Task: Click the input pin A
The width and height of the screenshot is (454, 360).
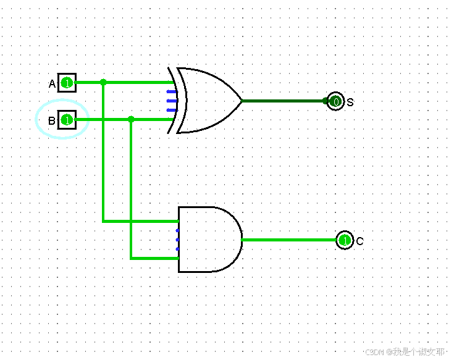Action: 67,82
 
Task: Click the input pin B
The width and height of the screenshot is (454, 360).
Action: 67,120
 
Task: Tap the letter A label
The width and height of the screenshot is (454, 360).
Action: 52,83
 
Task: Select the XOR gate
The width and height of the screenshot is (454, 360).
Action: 207,100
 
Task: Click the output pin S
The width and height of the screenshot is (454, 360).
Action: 335,101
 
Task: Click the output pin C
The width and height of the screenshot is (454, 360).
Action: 344,240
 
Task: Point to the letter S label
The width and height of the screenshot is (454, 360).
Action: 350,102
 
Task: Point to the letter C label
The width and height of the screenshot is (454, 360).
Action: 359,241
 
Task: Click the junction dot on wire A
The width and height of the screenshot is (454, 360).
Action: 103,82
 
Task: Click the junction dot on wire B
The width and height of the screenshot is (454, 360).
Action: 131,119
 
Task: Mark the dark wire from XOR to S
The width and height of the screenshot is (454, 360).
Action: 284,101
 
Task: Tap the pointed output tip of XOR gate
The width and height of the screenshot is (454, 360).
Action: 241,101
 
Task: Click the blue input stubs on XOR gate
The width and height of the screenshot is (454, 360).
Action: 172,101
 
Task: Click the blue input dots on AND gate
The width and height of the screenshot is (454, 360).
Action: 178,240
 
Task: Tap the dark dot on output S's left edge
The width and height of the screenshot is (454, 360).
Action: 326,101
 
